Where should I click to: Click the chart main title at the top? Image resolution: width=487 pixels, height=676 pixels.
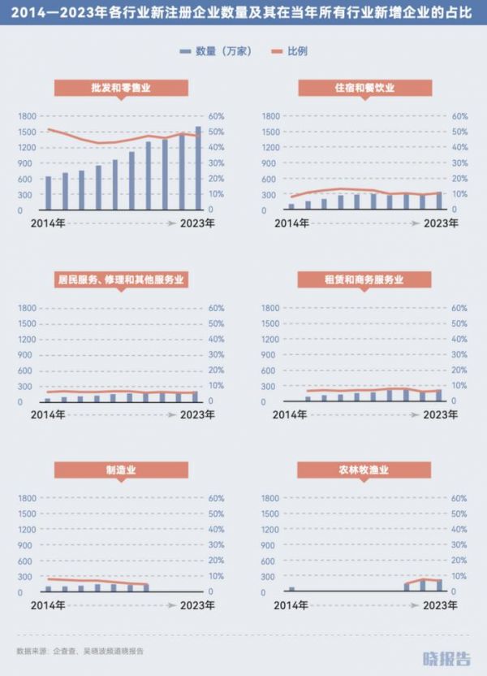click(x=243, y=15)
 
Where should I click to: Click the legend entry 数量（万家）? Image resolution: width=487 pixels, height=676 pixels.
click(x=215, y=51)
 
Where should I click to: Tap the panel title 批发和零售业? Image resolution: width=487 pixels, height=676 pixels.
click(x=121, y=88)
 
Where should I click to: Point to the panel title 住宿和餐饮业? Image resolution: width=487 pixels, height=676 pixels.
click(x=364, y=88)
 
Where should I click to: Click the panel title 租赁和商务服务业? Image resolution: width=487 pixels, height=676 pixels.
click(x=364, y=279)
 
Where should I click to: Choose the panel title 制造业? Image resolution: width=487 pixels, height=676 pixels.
click(x=121, y=470)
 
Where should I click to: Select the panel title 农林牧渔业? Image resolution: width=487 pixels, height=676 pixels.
click(x=364, y=470)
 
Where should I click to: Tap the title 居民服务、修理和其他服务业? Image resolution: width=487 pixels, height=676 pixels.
click(x=121, y=279)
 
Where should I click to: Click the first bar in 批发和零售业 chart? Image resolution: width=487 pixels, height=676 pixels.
click(x=48, y=193)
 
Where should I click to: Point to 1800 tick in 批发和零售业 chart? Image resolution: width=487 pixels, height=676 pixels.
click(x=27, y=116)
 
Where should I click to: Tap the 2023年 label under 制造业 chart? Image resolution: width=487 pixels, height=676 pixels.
click(x=197, y=605)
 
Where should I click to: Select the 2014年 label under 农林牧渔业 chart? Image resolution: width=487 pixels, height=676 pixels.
click(x=290, y=605)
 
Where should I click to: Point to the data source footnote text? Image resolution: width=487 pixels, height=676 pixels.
click(x=80, y=651)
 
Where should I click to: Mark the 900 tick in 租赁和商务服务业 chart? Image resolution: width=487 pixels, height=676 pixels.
click(x=270, y=354)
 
